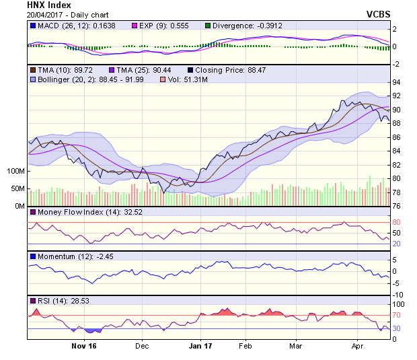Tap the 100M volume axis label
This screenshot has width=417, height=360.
click(x=14, y=171)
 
